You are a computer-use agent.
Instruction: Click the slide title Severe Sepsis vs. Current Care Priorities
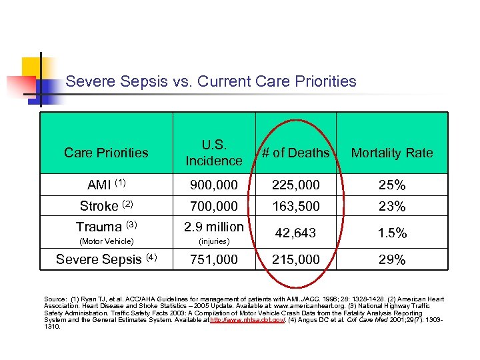tap(211, 82)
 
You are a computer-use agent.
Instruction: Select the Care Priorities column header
tap(106, 153)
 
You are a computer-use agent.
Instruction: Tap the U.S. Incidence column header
tap(214, 153)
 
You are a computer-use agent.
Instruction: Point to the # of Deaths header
tap(295, 153)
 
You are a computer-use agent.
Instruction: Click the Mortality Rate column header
tap(392, 153)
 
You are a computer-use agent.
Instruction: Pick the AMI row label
tap(106, 185)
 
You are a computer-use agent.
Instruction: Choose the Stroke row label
tap(106, 206)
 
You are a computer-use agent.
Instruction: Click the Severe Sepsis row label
tap(106, 259)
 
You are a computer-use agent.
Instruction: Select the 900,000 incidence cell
tap(214, 185)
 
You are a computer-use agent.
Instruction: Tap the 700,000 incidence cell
tap(214, 206)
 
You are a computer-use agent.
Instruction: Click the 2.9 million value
tap(214, 227)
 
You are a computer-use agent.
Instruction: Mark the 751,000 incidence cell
tap(214, 259)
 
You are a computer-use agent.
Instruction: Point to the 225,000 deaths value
tap(295, 185)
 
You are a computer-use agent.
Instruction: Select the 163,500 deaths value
tap(295, 206)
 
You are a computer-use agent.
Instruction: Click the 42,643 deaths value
tap(295, 233)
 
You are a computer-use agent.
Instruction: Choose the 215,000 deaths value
tap(295, 259)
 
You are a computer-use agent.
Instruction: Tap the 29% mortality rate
tap(392, 259)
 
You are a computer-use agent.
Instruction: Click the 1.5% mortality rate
tap(392, 233)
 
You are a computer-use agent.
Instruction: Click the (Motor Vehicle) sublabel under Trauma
tap(106, 241)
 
